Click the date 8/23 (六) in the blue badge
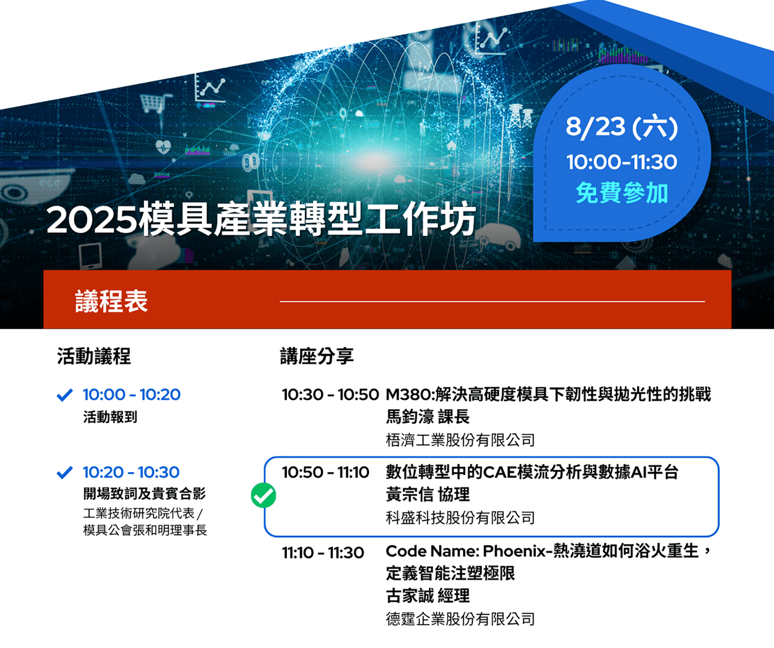pyautogui.click(x=622, y=127)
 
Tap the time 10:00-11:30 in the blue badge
pyautogui.click(x=622, y=162)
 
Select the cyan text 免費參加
pyautogui.click(x=622, y=193)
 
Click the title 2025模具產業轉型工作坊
pyautogui.click(x=261, y=219)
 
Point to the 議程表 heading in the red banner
pyautogui.click(x=111, y=301)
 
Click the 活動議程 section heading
pyautogui.click(x=94, y=357)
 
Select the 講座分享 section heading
pyautogui.click(x=317, y=357)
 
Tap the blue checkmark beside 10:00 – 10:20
pyautogui.click(x=64, y=395)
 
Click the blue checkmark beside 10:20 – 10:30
pyautogui.click(x=64, y=473)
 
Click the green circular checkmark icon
pyautogui.click(x=263, y=495)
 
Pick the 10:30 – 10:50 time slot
pyautogui.click(x=330, y=395)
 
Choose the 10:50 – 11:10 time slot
pyautogui.click(x=326, y=473)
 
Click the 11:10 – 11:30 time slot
pyautogui.click(x=323, y=553)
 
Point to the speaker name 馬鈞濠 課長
pyautogui.click(x=428, y=417)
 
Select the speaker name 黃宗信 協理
pyautogui.click(x=428, y=495)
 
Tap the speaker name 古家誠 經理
pyautogui.click(x=428, y=596)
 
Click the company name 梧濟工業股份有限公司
pyautogui.click(x=460, y=440)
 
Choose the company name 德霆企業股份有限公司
pyautogui.click(x=460, y=619)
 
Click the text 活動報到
pyautogui.click(x=110, y=417)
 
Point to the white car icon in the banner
pyautogui.click(x=499, y=237)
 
